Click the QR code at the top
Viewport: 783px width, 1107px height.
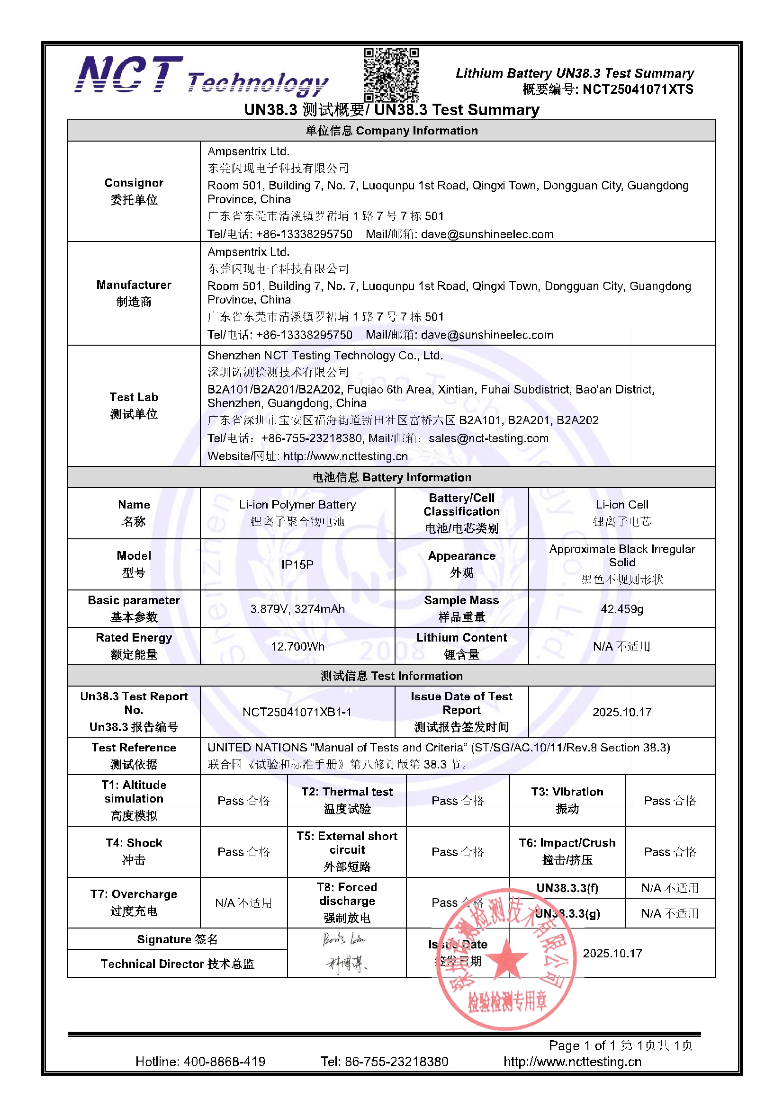coord(391,75)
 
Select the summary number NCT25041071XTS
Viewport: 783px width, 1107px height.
coord(637,89)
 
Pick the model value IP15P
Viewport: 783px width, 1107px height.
coord(297,564)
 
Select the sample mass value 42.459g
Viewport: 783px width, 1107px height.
coord(621,609)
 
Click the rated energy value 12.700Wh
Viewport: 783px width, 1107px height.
coord(297,646)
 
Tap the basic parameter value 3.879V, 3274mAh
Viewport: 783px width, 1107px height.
coord(297,609)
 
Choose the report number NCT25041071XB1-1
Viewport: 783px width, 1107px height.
coord(297,712)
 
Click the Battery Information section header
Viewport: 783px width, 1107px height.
coord(391,477)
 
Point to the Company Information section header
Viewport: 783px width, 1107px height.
coord(391,131)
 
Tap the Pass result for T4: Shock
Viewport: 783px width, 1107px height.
coord(243,851)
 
